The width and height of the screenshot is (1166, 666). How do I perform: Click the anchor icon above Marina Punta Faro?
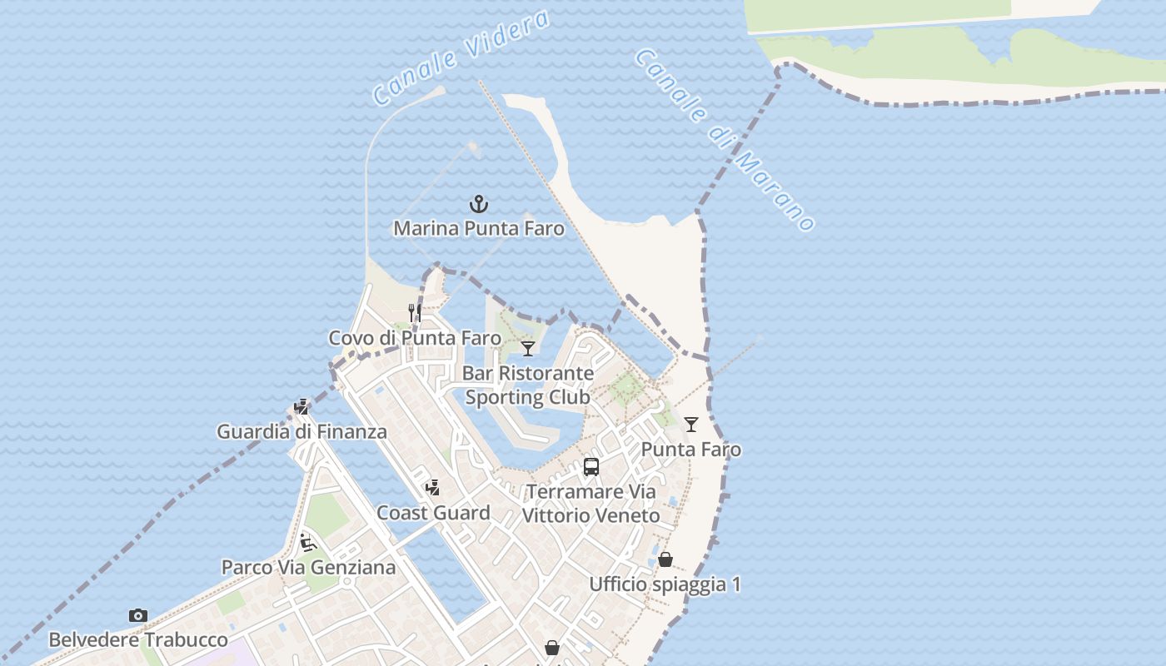(479, 204)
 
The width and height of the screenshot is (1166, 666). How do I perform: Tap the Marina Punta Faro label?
(479, 228)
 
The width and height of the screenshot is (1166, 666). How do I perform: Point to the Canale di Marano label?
(725, 139)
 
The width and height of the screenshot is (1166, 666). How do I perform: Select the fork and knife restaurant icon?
(415, 313)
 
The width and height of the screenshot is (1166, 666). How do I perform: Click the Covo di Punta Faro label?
(415, 338)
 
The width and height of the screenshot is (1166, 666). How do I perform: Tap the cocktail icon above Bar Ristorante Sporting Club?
(528, 348)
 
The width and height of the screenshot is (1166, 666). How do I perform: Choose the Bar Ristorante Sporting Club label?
(528, 385)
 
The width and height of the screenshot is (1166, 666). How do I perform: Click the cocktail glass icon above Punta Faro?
(691, 425)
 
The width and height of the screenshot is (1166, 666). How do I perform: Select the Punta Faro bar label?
(691, 450)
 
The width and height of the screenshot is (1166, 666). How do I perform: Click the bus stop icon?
(591, 467)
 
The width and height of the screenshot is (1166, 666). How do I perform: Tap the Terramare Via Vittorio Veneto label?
(591, 504)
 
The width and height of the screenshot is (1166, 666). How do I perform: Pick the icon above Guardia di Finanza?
(301, 407)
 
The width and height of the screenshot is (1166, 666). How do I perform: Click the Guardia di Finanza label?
(301, 431)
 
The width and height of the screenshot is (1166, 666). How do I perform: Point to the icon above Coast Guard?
(432, 488)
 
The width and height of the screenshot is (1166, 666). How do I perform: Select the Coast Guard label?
(433, 513)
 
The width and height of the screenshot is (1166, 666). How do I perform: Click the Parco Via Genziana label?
(308, 567)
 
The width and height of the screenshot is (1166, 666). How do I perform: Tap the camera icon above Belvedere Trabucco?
(138, 616)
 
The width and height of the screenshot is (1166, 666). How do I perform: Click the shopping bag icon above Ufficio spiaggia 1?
(665, 559)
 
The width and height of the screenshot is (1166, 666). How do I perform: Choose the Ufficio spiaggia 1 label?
(665, 584)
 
